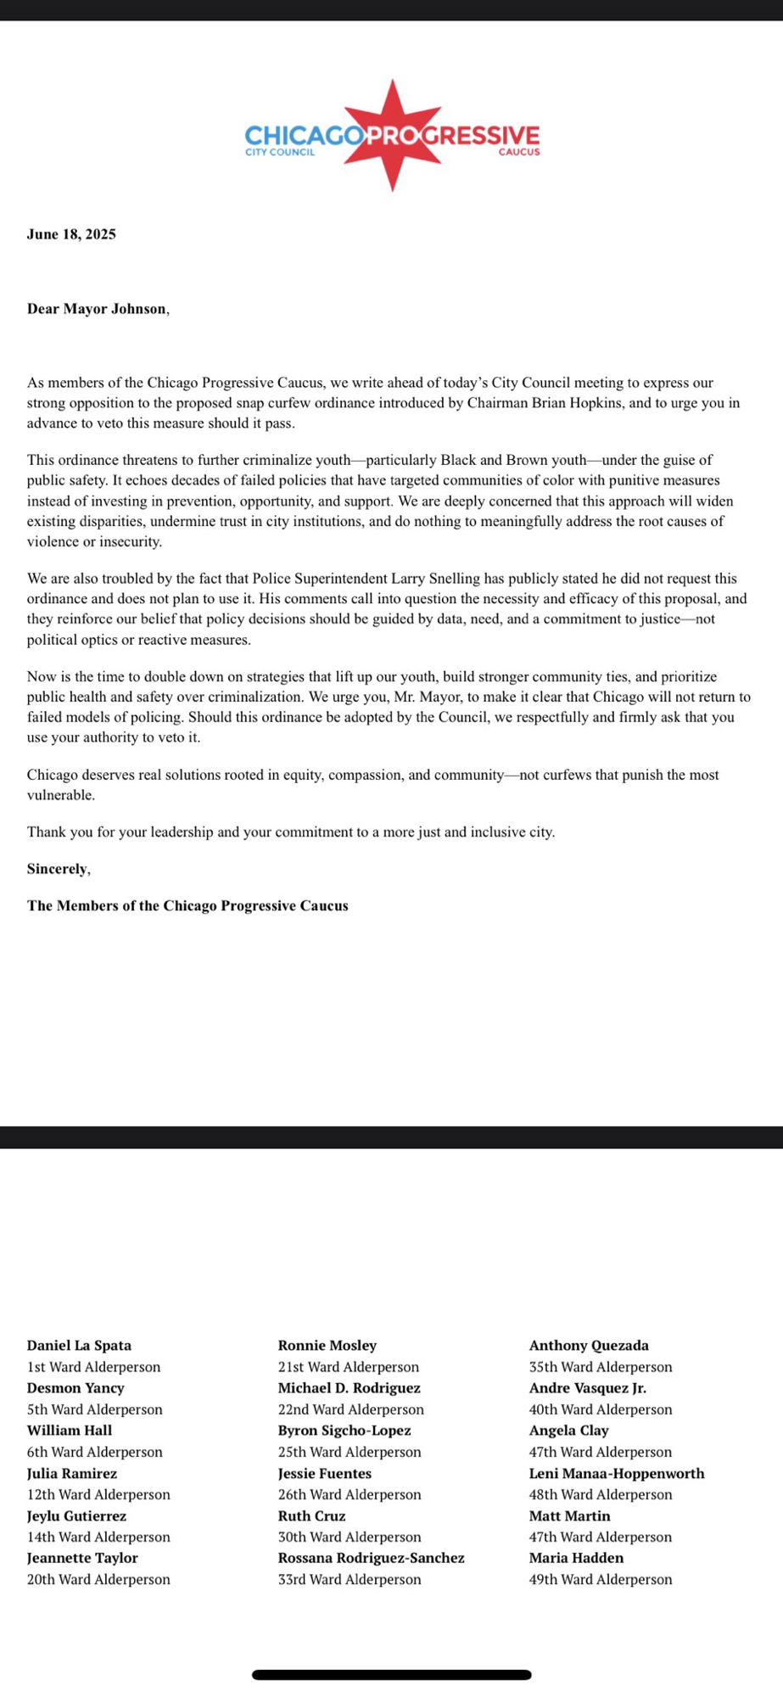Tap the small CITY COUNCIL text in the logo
280,153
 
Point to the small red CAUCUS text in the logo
518,153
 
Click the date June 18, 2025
71,234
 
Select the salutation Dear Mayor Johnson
97,309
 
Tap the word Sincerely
58,869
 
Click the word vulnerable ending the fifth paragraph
59,795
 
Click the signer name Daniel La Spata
79,1346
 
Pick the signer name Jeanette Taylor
82,1558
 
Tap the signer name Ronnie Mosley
327,1346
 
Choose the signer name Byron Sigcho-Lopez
344,1431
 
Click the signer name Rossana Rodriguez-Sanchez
371,1558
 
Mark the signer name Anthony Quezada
589,1346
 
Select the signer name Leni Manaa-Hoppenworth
617,1474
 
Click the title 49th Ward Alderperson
601,1579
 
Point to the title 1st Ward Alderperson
93,1367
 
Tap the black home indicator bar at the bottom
391,1675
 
